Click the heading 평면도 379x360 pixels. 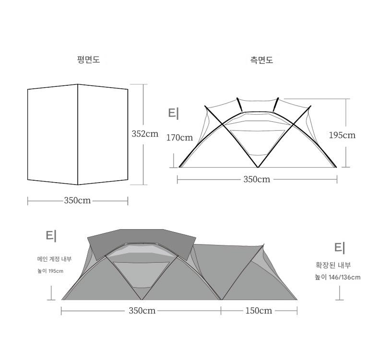click(x=88, y=59)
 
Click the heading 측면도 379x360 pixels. click(x=261, y=59)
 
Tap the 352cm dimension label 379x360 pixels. click(x=145, y=134)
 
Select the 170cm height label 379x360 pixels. click(x=179, y=138)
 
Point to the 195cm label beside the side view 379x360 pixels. click(x=342, y=135)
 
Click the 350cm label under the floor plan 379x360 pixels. click(x=77, y=200)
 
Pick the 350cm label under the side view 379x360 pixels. click(x=257, y=179)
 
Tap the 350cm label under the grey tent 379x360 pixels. click(x=142, y=311)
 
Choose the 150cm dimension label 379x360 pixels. click(x=259, y=311)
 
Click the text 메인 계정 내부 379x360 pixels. click(x=54, y=259)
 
